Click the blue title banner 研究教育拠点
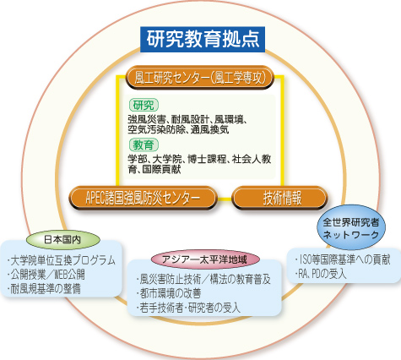[203, 39]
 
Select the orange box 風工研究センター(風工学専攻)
[200, 78]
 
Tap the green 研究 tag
[144, 106]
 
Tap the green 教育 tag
[144, 145]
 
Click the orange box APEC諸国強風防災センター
[143, 198]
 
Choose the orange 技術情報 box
[279, 198]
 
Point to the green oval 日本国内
[62, 240]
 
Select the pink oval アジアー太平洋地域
[204, 259]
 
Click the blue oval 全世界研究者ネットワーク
[351, 227]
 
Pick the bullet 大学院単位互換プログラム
[62, 260]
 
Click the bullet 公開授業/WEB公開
[46, 275]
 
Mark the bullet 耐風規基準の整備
[44, 289]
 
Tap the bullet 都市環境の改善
[169, 293]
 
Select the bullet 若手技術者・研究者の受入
[188, 308]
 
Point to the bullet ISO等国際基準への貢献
[343, 259]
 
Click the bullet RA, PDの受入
[321, 274]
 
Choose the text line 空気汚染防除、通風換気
[178, 129]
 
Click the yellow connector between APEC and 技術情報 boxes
[225, 199]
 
